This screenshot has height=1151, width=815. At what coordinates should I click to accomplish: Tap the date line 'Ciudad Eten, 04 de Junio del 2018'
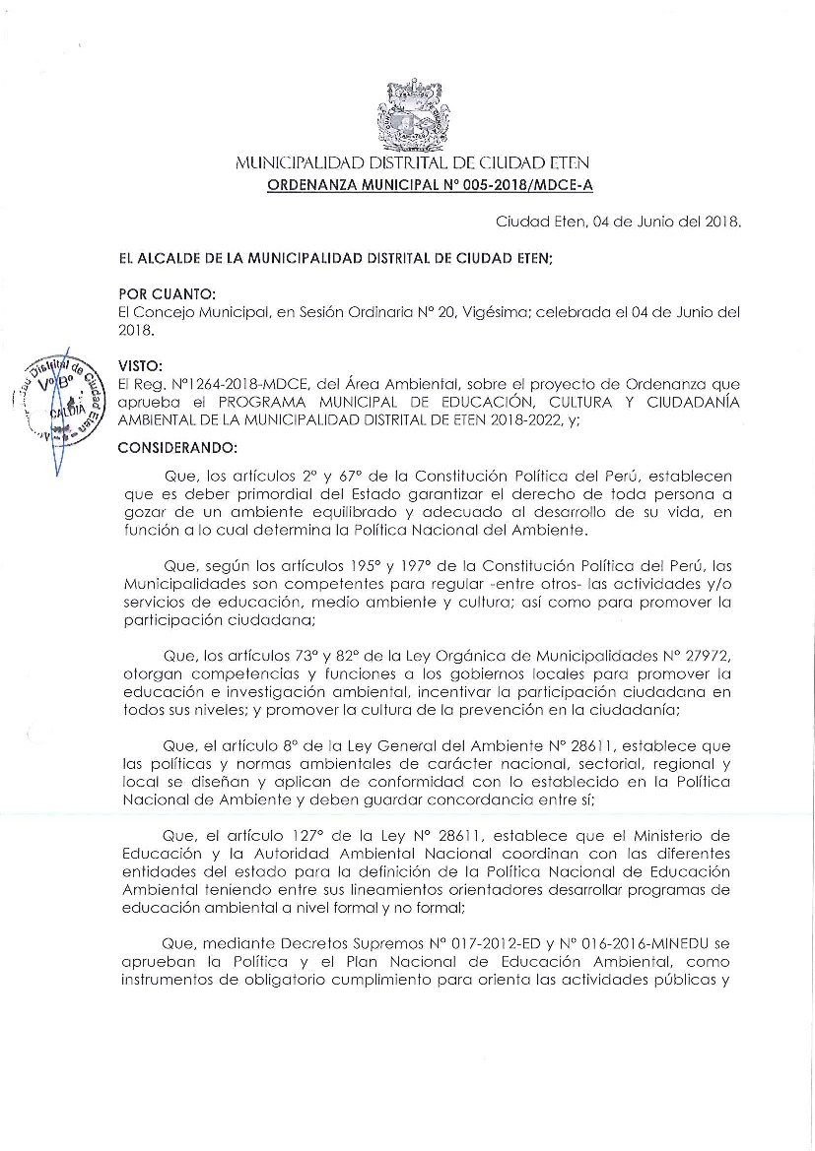coord(618,223)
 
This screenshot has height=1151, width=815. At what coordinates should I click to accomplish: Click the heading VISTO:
coord(139,363)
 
